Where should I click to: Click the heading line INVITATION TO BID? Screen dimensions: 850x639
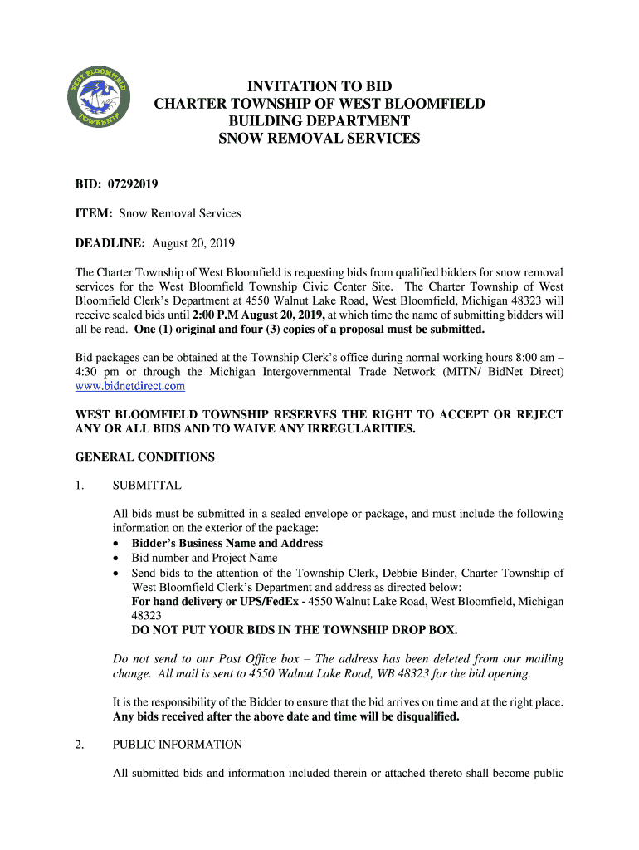click(319, 86)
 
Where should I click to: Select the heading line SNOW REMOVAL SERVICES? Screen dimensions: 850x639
click(319, 139)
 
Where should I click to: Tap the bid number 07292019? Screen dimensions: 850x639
click(133, 183)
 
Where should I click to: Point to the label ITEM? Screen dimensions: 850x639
click(95, 213)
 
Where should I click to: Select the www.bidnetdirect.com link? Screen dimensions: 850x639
click(130, 386)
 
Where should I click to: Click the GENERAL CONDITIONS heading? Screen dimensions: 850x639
click(145, 457)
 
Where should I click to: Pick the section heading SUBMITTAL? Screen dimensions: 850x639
click(147, 486)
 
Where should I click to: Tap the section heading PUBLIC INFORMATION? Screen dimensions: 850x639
click(178, 745)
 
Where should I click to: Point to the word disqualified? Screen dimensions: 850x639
click(420, 716)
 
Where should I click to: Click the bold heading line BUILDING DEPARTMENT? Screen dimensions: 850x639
click(319, 121)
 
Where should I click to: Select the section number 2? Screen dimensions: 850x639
click(80, 745)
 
